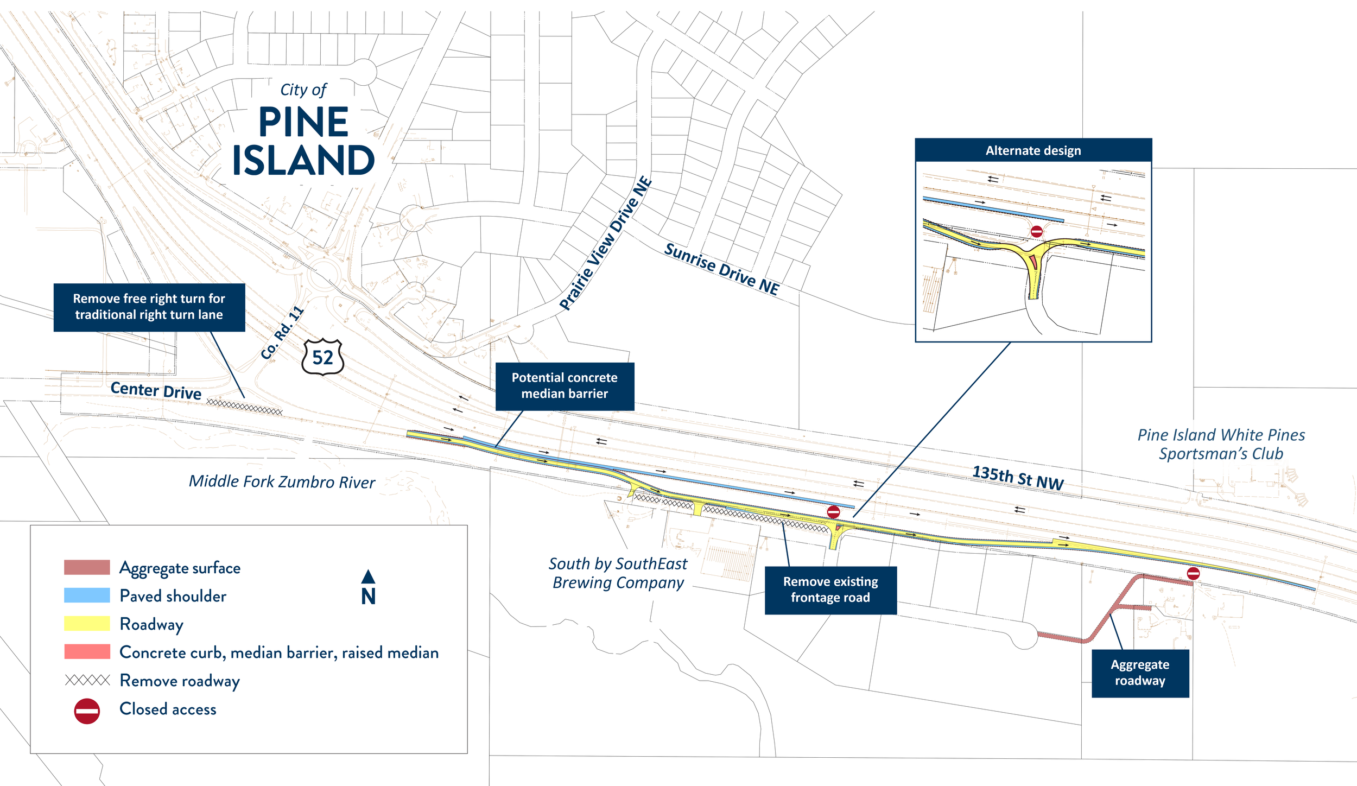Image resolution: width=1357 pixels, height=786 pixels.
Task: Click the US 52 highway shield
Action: click(x=322, y=357)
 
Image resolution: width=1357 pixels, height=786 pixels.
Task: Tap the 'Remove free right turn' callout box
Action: click(x=149, y=307)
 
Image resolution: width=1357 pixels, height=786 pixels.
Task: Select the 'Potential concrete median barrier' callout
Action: click(x=565, y=386)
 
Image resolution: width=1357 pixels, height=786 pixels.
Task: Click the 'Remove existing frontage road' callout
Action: click(x=830, y=589)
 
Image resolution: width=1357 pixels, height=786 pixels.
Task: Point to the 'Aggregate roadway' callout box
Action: click(x=1140, y=673)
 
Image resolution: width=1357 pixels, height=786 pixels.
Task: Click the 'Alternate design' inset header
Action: click(x=1033, y=150)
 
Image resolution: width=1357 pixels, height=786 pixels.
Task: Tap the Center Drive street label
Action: click(x=156, y=390)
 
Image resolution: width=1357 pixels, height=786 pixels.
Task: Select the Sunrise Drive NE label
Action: click(x=722, y=269)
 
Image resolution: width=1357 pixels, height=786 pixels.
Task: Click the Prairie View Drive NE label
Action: click(x=605, y=243)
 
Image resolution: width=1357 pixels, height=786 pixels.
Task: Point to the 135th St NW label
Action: click(x=1018, y=478)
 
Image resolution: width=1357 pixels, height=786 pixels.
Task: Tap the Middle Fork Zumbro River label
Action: click(x=282, y=481)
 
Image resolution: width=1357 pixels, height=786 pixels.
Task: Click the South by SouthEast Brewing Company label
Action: click(x=618, y=573)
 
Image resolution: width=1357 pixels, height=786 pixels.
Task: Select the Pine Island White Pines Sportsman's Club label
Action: click(x=1221, y=444)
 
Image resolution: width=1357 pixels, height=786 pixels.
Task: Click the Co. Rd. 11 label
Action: click(x=282, y=333)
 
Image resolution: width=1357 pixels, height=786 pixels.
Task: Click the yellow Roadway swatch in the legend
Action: click(x=87, y=623)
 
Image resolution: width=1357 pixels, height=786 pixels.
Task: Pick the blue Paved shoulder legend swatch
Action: click(x=87, y=595)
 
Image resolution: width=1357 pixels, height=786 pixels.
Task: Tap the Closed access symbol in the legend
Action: click(x=87, y=711)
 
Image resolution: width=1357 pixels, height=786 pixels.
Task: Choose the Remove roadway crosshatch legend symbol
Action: click(x=87, y=680)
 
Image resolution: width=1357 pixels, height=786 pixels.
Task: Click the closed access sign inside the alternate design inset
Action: click(x=1036, y=232)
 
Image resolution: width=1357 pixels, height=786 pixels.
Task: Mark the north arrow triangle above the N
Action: click(x=368, y=576)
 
